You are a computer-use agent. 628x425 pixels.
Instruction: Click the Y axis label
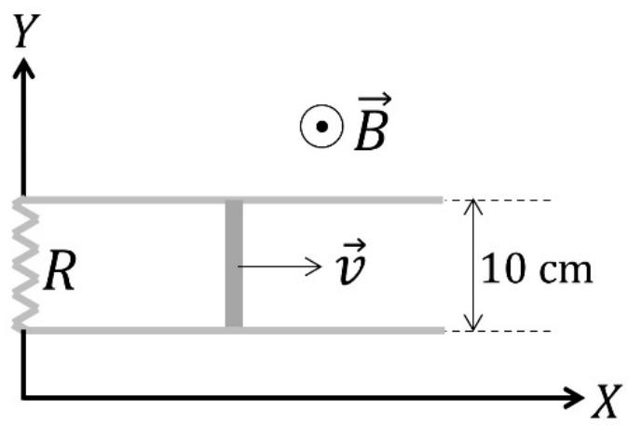[x=26, y=31]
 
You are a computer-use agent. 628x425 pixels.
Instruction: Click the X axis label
[x=608, y=402]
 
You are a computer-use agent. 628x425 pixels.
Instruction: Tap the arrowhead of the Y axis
[x=23, y=68]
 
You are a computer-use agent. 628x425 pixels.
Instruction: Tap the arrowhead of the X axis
[x=574, y=398]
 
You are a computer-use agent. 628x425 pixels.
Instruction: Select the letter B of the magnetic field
[x=371, y=130]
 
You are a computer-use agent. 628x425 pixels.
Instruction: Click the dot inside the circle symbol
[x=321, y=127]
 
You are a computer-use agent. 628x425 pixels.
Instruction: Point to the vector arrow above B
[x=375, y=99]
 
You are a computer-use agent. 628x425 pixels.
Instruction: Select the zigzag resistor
[x=25, y=265]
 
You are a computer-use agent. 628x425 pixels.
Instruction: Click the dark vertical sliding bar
[x=234, y=265]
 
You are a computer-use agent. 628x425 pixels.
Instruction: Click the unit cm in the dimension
[x=566, y=271]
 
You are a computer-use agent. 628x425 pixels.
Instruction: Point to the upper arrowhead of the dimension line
[x=473, y=205]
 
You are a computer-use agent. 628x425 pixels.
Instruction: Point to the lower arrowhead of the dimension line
[x=473, y=324]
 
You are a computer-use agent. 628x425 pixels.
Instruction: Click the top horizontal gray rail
[x=233, y=199]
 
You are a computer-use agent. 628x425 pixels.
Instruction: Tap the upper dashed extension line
[x=498, y=199]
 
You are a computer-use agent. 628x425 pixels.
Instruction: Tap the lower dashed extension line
[x=498, y=331]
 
